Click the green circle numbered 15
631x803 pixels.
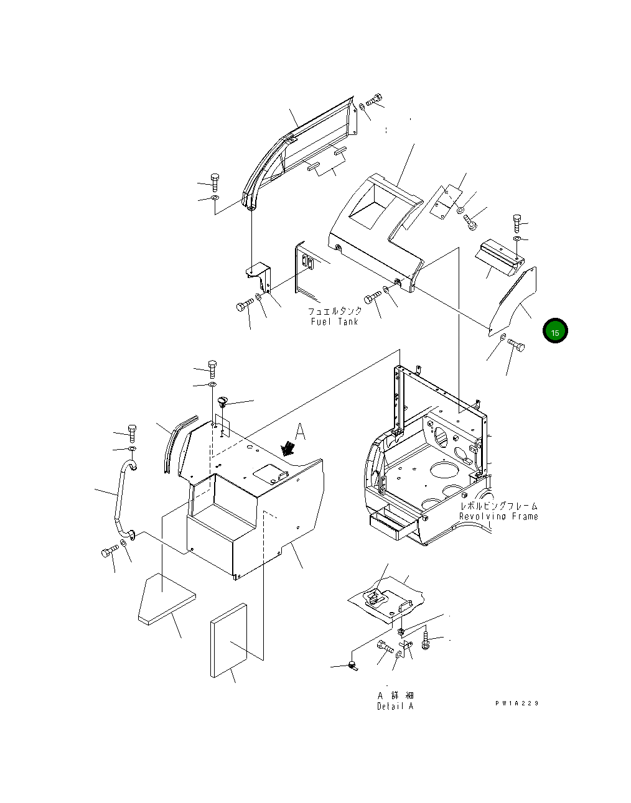coord(554,332)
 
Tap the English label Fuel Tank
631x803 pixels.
coord(335,322)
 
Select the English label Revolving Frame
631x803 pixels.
coord(498,516)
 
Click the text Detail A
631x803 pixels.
coord(395,706)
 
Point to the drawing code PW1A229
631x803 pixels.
coord(516,703)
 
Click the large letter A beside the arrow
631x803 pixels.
coord(301,432)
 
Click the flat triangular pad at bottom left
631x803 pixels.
coord(165,600)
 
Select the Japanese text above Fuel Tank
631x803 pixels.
coord(335,311)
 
